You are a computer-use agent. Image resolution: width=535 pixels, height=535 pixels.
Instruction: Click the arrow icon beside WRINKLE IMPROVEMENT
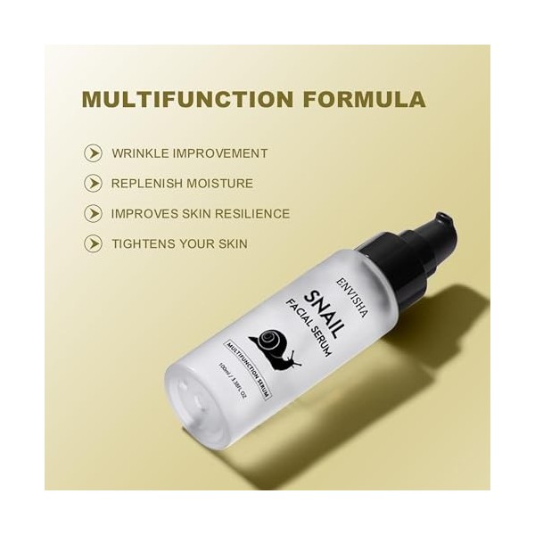pos(93,153)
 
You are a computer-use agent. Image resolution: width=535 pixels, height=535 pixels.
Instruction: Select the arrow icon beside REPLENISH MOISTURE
pos(93,184)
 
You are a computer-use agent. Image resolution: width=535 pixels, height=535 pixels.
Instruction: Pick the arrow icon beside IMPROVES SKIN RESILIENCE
pos(93,214)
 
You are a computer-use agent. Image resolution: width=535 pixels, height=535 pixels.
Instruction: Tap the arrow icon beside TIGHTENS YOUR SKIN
pos(93,243)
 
